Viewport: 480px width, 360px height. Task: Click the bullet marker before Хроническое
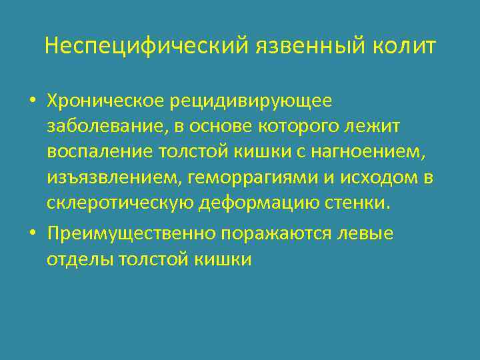pyautogui.click(x=32, y=101)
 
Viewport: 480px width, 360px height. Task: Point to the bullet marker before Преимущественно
pyautogui.click(x=32, y=234)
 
